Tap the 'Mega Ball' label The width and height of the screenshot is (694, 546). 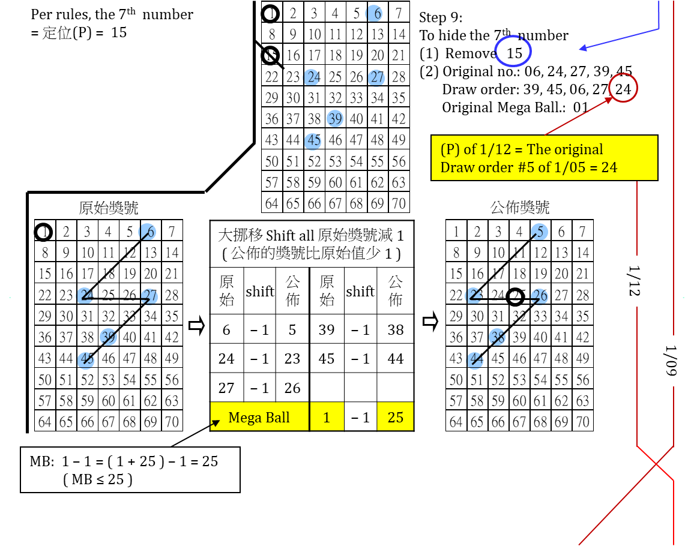tap(259, 418)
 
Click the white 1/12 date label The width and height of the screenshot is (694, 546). tap(635, 281)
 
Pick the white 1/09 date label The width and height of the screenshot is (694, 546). tap(671, 361)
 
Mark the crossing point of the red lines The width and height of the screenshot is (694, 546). tap(655, 464)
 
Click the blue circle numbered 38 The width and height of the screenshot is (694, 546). tap(497, 337)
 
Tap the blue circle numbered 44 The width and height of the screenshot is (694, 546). tap(475, 360)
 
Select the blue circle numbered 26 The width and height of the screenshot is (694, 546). tap(540, 296)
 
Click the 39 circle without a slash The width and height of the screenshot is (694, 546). tap(335, 119)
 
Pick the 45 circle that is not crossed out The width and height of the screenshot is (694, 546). tap(313, 142)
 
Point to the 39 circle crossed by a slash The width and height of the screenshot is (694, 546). tap(108, 337)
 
